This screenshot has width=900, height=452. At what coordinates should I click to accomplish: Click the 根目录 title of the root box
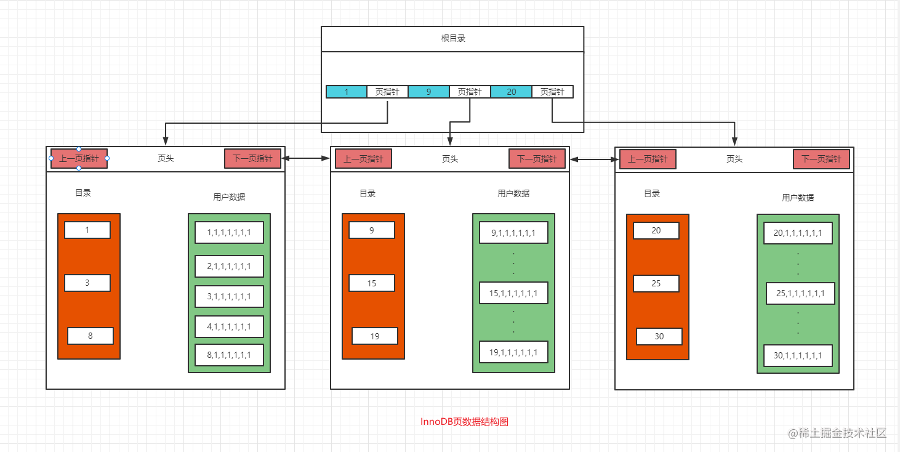click(x=453, y=38)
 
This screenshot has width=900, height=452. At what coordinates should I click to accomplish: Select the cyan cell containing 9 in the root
click(x=428, y=92)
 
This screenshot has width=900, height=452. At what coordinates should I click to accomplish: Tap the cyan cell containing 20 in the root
click(x=511, y=92)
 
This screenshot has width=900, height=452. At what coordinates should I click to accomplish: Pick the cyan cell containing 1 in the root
click(x=347, y=92)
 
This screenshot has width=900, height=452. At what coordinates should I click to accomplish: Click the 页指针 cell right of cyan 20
click(x=552, y=92)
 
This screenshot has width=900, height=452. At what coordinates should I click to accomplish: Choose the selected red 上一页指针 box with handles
click(x=79, y=158)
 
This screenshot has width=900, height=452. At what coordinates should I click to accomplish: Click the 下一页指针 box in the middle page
click(x=537, y=159)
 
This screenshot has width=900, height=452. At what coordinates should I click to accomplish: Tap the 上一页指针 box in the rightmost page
click(x=648, y=159)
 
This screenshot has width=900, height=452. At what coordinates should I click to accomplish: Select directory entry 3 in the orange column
click(x=87, y=283)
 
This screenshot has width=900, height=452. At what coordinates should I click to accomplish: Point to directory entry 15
click(x=372, y=283)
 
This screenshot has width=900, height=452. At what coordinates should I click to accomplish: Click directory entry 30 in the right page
click(x=659, y=336)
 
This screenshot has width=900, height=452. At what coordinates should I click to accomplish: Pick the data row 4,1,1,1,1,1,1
click(x=229, y=326)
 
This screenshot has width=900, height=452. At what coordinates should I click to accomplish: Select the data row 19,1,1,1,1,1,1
click(x=513, y=352)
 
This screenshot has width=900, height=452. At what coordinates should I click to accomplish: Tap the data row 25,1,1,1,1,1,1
click(x=800, y=293)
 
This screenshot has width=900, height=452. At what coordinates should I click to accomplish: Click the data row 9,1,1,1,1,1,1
click(x=513, y=233)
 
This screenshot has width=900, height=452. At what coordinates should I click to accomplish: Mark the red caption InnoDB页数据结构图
click(x=464, y=422)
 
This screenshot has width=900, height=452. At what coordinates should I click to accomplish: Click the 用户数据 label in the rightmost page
click(x=798, y=198)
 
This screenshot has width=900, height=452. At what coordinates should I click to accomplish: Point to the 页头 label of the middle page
click(x=450, y=159)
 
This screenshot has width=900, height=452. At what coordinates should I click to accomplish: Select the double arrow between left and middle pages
click(x=305, y=159)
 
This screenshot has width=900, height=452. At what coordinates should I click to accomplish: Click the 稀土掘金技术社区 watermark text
click(x=843, y=433)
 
